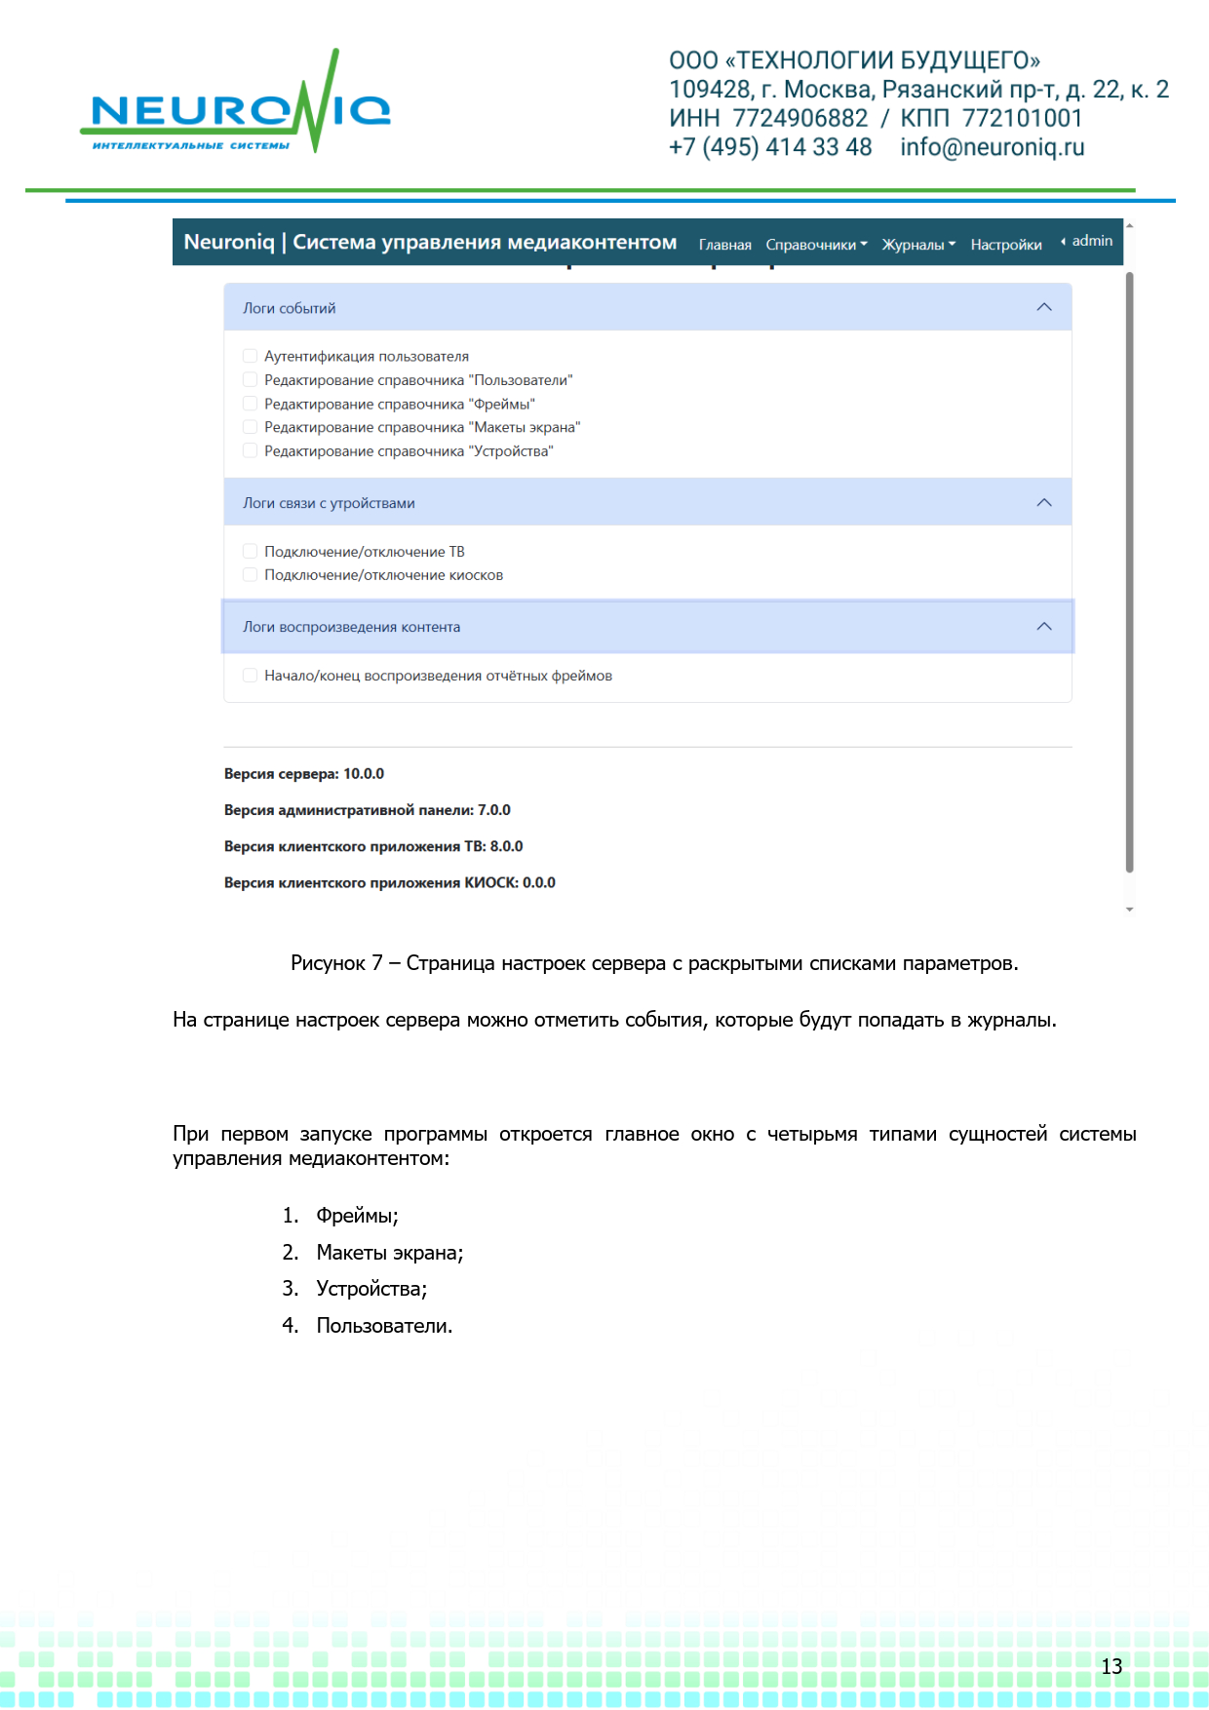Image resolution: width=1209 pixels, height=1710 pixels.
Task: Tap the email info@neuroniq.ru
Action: [992, 147]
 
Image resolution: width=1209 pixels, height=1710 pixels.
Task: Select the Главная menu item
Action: [724, 245]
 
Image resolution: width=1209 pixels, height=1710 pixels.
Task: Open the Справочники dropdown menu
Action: [816, 245]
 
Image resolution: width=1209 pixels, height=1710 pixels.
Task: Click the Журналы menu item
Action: [918, 245]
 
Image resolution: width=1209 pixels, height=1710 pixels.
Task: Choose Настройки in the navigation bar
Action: [1005, 245]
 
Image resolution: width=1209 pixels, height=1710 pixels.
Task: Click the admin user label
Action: [1091, 241]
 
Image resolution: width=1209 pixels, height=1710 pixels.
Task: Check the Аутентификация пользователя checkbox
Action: [251, 356]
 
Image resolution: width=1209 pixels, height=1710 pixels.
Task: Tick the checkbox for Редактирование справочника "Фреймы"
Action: [251, 404]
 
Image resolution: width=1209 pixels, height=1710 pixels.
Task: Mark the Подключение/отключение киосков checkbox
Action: [251, 575]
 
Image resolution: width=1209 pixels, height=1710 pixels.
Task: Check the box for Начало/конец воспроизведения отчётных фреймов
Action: [251, 676]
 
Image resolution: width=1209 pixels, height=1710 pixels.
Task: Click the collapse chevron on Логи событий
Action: [1044, 307]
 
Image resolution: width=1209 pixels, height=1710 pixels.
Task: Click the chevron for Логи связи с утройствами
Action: [1044, 503]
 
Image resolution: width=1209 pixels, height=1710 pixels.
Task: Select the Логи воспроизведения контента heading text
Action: [351, 627]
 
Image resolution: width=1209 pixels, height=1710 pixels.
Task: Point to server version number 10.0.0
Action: [364, 774]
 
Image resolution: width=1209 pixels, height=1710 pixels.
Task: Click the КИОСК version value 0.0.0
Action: [538, 883]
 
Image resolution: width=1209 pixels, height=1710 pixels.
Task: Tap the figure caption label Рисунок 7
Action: [336, 963]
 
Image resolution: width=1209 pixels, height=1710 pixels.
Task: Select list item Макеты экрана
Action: [389, 1253]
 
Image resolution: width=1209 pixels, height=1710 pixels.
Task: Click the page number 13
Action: [1111, 1666]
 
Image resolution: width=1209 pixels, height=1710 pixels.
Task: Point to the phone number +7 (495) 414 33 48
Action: [770, 147]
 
